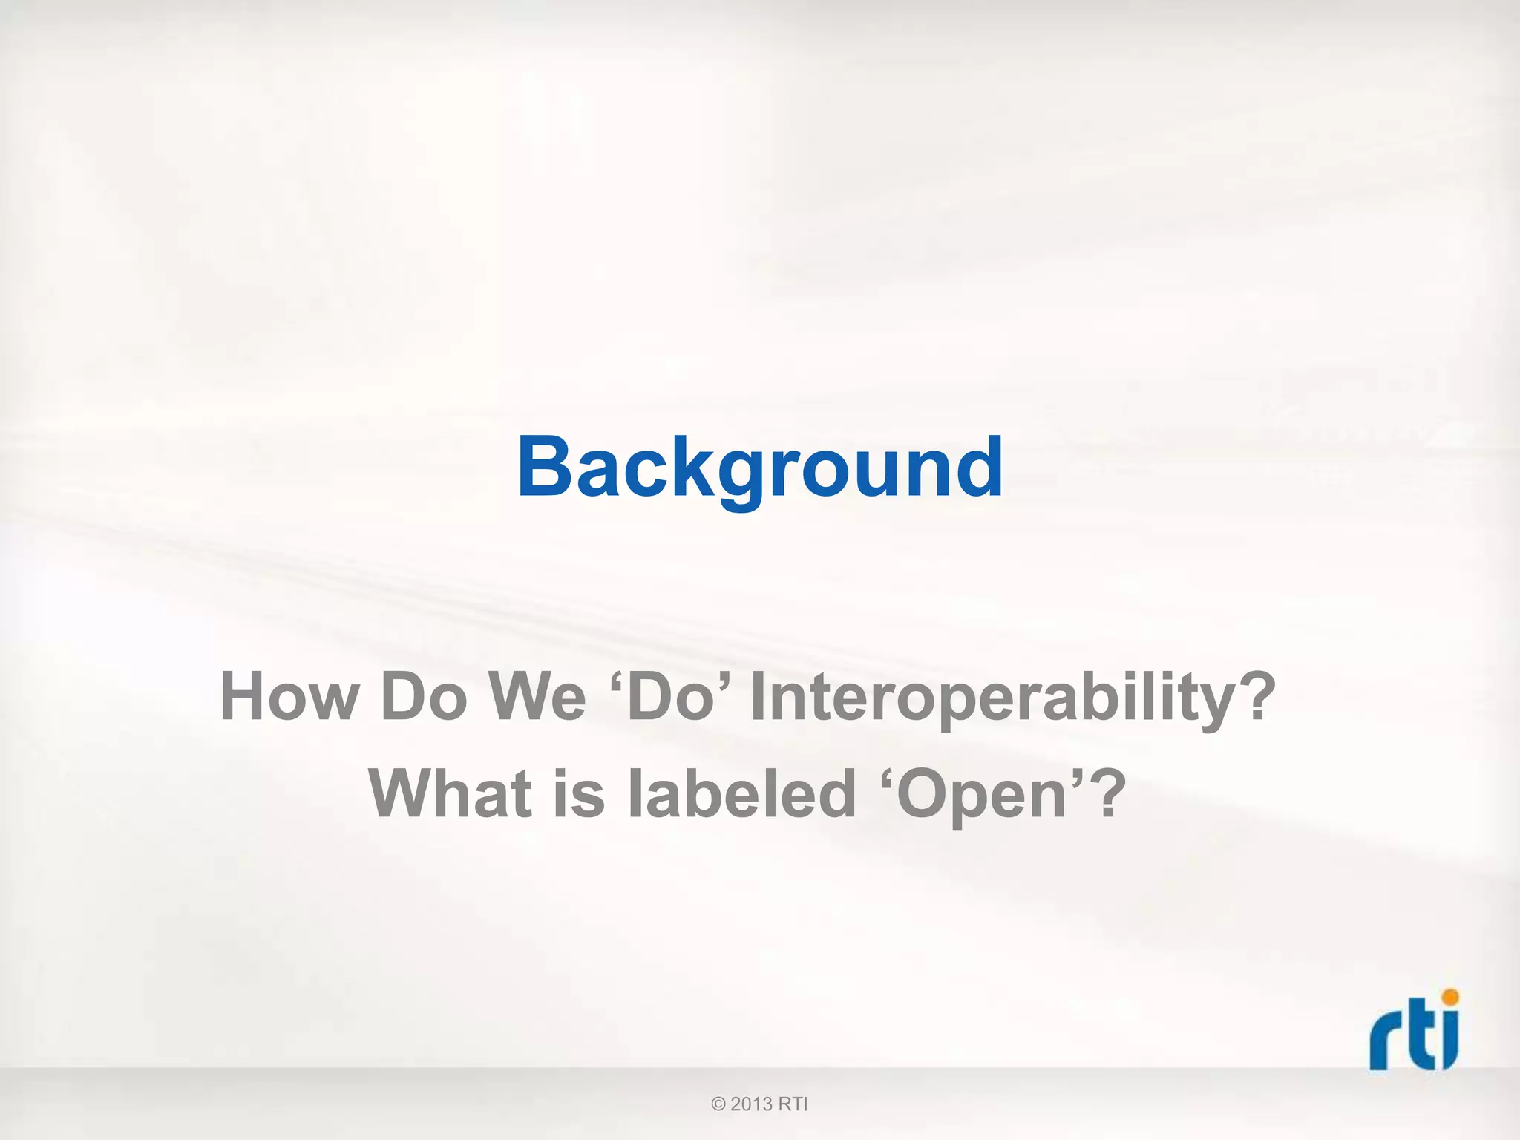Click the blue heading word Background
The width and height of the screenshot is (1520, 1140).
[x=760, y=468]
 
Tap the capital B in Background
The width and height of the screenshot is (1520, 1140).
[x=546, y=468]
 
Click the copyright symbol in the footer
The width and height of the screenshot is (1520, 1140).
[x=718, y=1104]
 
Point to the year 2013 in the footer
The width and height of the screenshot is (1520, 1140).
[x=751, y=1104]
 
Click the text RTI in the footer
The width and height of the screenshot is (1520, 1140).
[x=793, y=1104]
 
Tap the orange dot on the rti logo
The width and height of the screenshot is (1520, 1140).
[x=1449, y=997]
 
